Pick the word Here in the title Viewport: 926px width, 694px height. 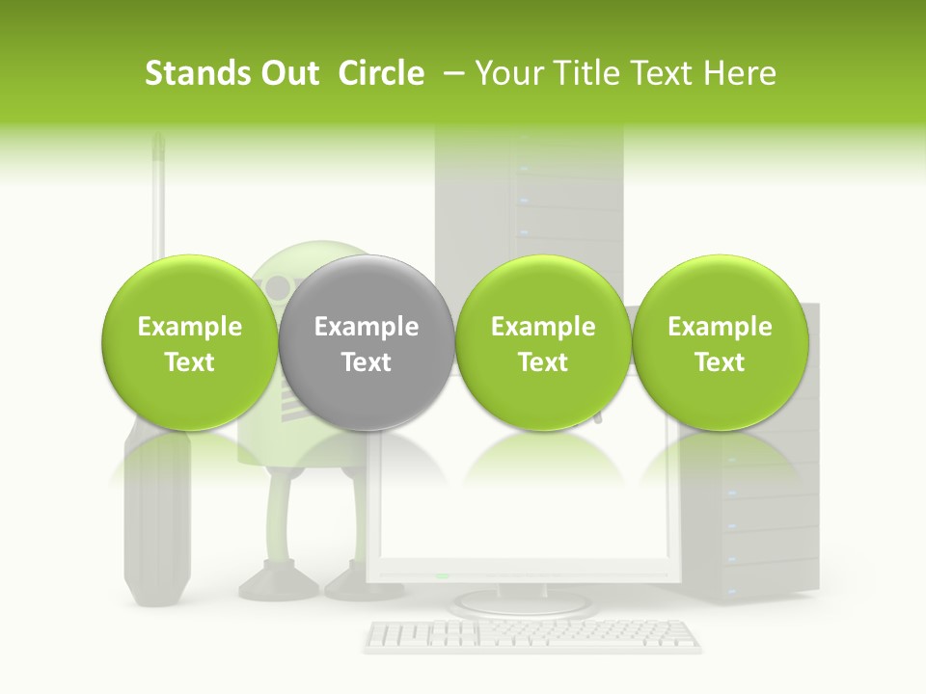740,74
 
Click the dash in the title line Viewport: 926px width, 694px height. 449,74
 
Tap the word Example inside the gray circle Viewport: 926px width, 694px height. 366,327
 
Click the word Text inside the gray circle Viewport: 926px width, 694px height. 366,362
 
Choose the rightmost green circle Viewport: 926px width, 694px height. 720,344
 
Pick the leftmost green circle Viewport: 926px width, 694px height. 189,344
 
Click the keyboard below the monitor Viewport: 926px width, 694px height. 532,635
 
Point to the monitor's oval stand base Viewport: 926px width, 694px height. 522,603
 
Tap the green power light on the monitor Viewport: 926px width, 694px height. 442,575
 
